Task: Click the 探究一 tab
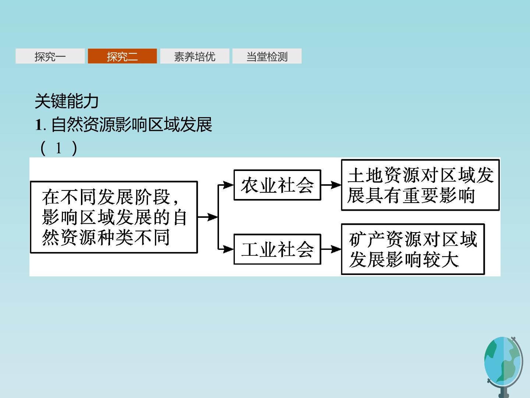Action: [50, 56]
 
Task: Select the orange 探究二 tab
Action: [122, 56]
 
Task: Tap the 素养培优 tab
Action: [195, 56]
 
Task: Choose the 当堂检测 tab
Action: [267, 56]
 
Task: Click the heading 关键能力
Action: [67, 101]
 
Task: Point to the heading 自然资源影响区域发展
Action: [132, 125]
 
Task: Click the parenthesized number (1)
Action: [59, 148]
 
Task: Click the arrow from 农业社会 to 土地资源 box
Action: [331, 185]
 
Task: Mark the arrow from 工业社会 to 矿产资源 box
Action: [331, 249]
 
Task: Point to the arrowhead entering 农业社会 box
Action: [228, 185]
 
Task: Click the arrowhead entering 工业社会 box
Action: [228, 249]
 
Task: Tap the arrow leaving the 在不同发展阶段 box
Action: [208, 217]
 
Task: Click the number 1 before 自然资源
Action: [38, 125]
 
